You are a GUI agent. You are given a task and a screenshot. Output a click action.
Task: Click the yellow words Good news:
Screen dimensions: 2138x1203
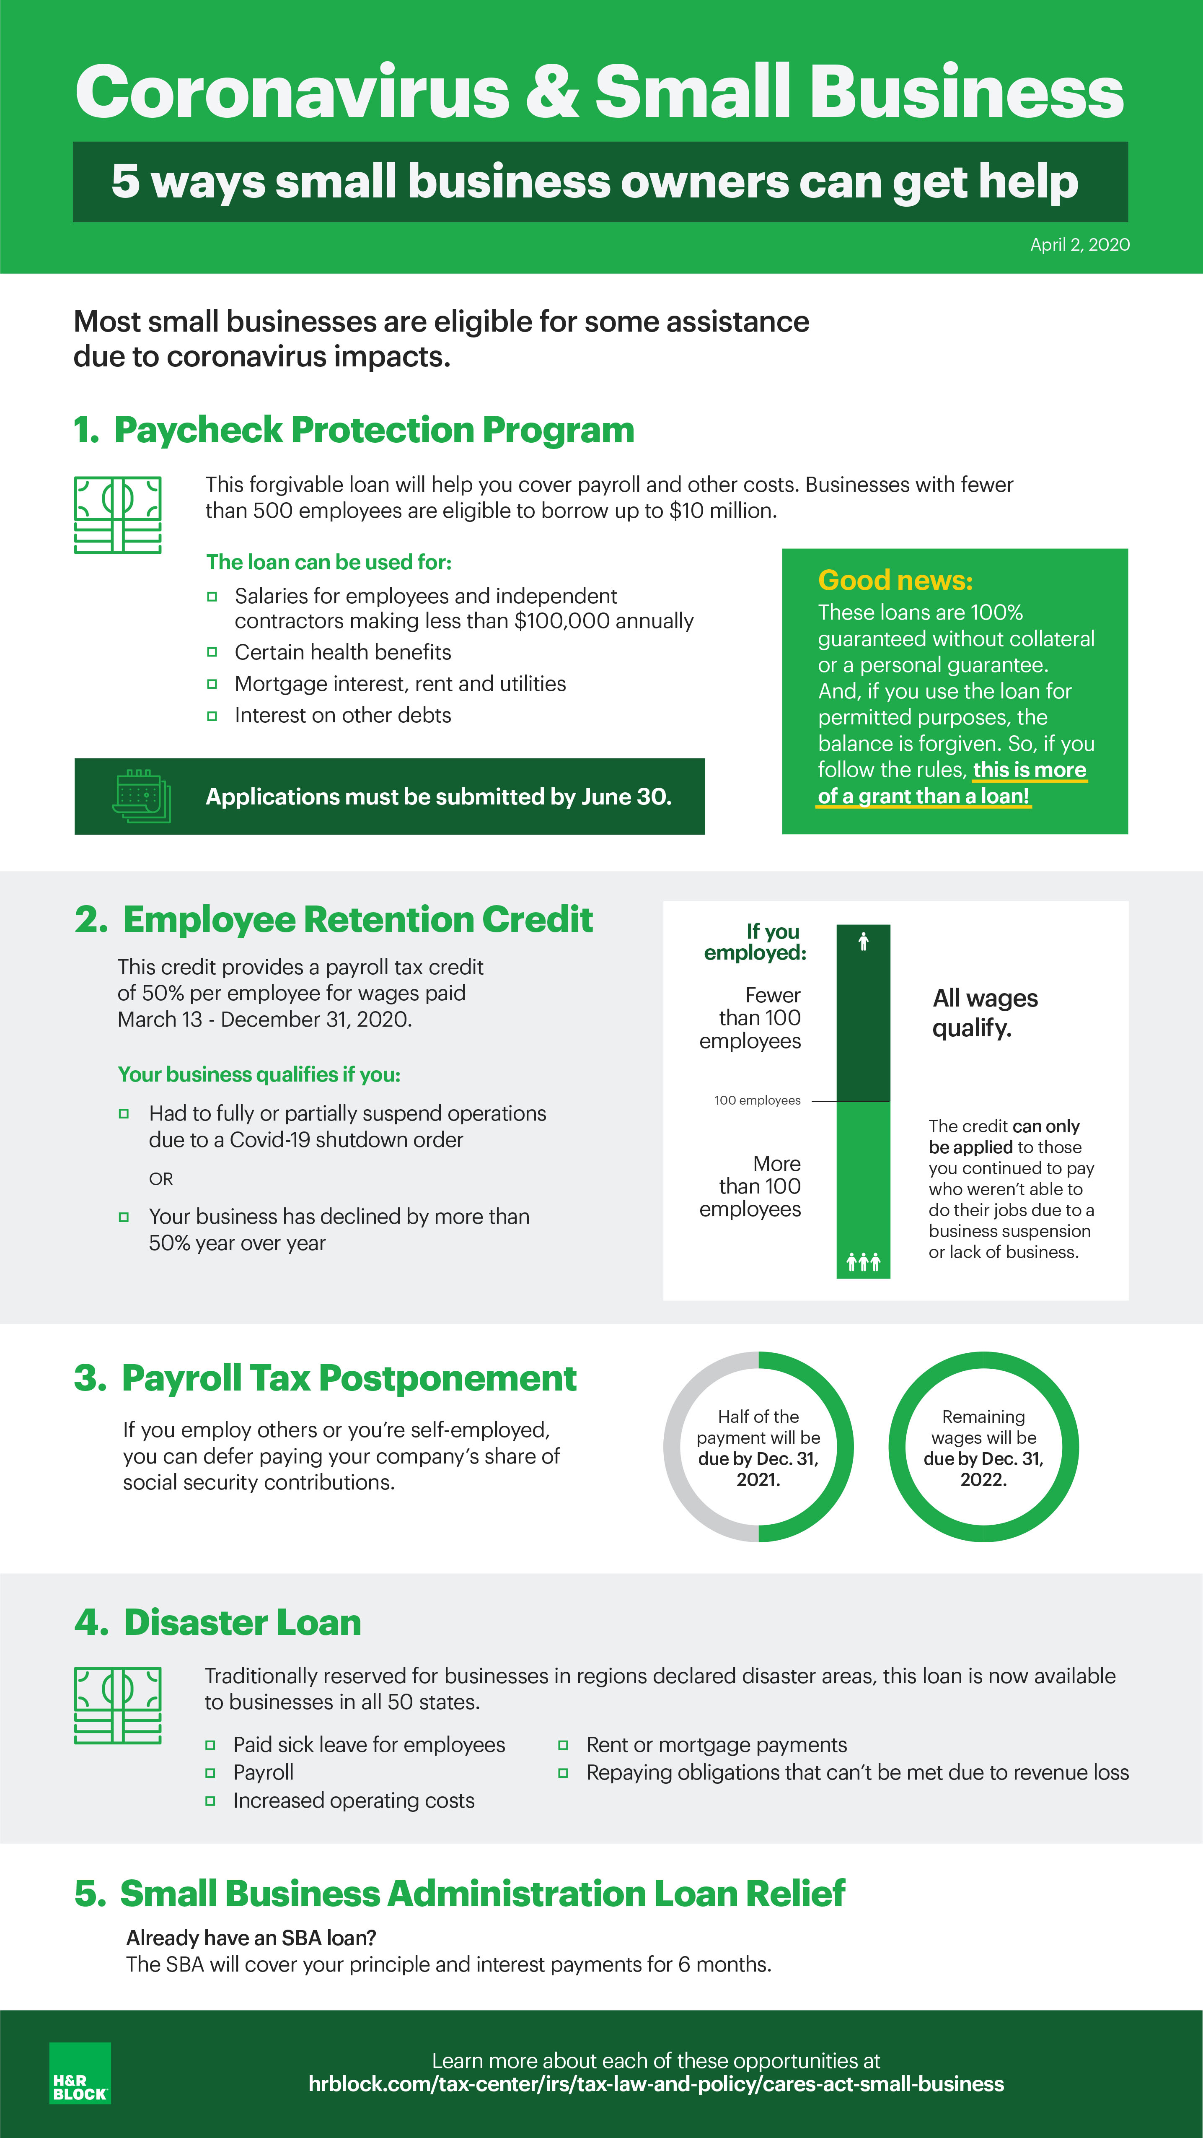click(895, 580)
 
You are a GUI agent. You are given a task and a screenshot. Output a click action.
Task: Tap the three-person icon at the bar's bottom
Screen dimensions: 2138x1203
click(863, 1262)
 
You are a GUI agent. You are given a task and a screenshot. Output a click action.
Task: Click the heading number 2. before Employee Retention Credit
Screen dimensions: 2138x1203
click(91, 920)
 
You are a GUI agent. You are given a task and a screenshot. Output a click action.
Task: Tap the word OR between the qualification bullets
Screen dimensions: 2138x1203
click(161, 1178)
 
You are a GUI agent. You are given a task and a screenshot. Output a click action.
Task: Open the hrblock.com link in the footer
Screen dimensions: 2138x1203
click(655, 2084)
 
